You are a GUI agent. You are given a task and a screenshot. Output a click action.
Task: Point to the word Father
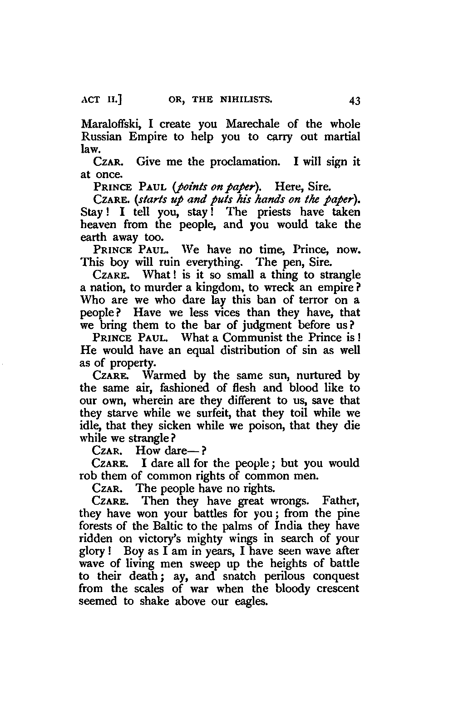[340, 501]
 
